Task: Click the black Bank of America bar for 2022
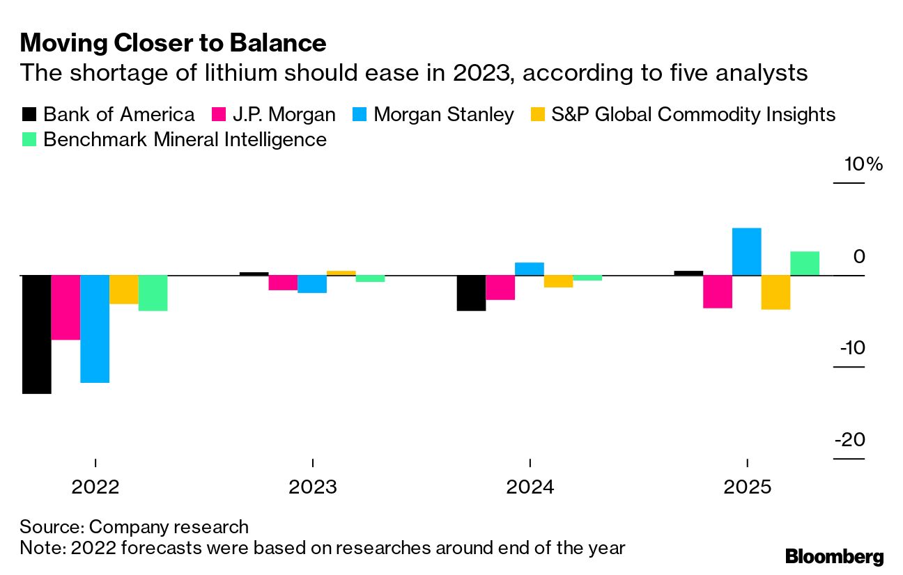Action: coord(36,334)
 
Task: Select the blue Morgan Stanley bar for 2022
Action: coord(95,329)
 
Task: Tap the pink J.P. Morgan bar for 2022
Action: coord(65,307)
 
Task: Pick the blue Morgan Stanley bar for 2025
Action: coord(746,252)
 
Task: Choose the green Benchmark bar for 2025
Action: coord(805,263)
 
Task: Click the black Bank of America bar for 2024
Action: coord(471,292)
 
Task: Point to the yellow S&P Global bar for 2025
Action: coord(775,292)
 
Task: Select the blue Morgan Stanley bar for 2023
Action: coord(312,284)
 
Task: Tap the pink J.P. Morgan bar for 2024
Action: coord(500,287)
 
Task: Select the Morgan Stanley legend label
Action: coord(444,114)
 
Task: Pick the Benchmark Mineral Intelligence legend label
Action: coord(185,139)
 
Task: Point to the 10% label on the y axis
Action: coord(863,165)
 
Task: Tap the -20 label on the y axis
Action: coord(850,440)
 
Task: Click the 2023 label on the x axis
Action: coord(313,487)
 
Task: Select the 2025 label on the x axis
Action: coord(747,487)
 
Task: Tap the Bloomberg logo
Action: coord(834,556)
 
